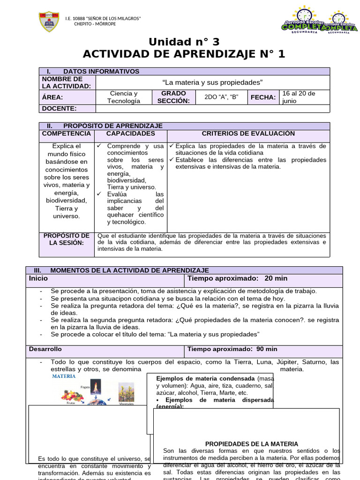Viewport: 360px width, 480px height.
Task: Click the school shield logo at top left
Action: (x=48, y=21)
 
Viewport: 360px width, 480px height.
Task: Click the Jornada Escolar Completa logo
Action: (x=321, y=21)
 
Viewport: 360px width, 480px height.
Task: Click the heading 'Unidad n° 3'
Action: (x=184, y=42)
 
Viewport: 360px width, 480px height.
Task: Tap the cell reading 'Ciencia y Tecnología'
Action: (x=123, y=97)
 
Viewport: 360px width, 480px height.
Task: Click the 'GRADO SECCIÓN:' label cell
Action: (x=173, y=97)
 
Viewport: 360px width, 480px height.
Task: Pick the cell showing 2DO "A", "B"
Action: (x=222, y=97)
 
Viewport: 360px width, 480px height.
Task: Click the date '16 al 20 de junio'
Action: (x=299, y=97)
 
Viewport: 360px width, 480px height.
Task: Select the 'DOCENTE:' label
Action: (x=59, y=109)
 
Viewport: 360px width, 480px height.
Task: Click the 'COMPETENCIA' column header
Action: (x=66, y=134)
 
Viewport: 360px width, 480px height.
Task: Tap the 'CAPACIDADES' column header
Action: (x=130, y=134)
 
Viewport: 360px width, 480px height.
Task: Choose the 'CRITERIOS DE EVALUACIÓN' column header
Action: (x=248, y=134)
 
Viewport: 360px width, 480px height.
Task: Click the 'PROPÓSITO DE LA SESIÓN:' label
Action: (x=66, y=239)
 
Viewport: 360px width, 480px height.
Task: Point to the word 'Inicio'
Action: (x=38, y=278)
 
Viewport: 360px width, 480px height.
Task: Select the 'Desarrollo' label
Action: (x=45, y=349)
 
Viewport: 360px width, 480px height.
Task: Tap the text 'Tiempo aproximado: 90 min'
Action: (x=232, y=349)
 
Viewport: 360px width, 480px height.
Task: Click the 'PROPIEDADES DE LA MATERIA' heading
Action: (x=251, y=444)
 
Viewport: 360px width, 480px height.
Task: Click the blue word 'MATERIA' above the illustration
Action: (x=64, y=376)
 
